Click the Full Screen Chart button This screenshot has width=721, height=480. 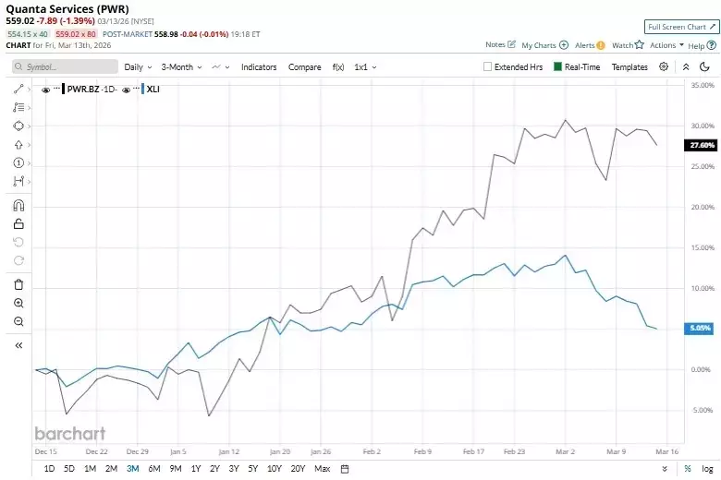click(681, 27)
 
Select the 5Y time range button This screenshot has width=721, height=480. click(252, 468)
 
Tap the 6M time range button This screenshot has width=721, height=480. click(153, 468)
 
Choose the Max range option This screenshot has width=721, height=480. click(322, 468)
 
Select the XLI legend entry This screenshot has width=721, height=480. click(153, 89)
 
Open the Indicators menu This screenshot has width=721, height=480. click(259, 66)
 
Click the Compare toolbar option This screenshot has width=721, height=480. click(304, 66)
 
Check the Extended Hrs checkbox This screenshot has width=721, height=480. click(488, 66)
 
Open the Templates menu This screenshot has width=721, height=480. click(629, 66)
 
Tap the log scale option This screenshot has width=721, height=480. click(707, 468)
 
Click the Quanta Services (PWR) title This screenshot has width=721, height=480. click(68, 8)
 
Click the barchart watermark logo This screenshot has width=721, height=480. click(69, 433)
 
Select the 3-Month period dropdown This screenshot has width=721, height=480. click(181, 66)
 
